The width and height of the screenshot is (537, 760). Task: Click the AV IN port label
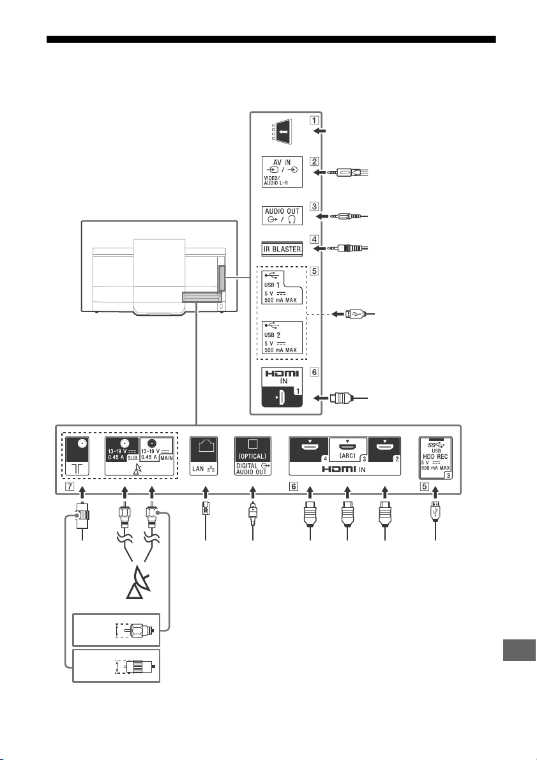coord(282,172)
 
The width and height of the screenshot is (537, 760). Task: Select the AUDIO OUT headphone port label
coord(282,216)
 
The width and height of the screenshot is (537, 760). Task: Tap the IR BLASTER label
coord(282,249)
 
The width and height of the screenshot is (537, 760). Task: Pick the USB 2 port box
coord(282,338)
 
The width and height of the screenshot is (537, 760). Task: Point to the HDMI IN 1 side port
coord(282,387)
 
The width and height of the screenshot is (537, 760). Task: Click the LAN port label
coord(204,456)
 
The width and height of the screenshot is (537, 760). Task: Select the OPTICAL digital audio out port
coord(252,456)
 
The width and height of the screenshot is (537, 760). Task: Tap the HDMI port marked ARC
coord(347,449)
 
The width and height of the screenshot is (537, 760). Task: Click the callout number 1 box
coord(314,120)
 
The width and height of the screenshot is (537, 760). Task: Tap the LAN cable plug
coord(206,511)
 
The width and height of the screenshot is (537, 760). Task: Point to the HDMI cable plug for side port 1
coord(340,398)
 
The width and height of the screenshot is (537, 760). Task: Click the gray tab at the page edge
coord(519,650)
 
